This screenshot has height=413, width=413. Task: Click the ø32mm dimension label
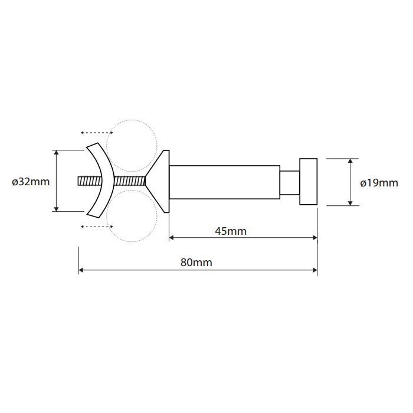coord(31,182)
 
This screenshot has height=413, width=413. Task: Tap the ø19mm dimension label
coord(379,183)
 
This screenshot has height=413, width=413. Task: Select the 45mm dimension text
coord(231,231)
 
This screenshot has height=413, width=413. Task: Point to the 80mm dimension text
coord(196,263)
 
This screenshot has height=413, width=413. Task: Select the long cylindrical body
coord(224,182)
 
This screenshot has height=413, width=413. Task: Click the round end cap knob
coord(308,182)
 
